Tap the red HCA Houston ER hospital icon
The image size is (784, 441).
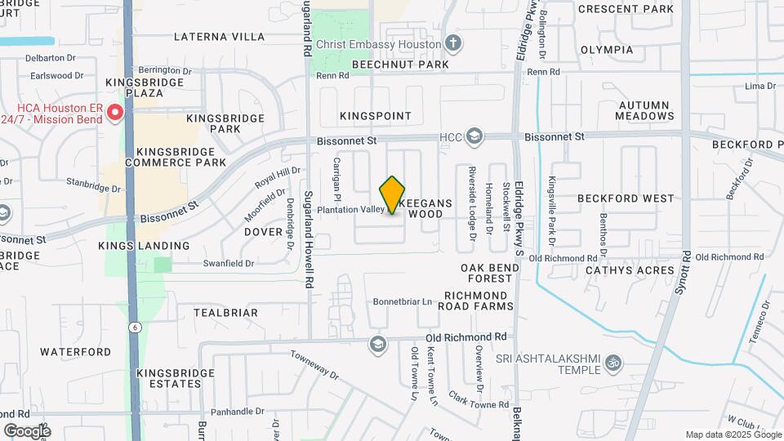[116, 112]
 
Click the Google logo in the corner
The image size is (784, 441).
[27, 430]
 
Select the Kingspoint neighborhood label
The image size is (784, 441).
[376, 116]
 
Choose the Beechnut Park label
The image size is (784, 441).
[401, 64]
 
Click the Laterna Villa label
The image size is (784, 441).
[220, 37]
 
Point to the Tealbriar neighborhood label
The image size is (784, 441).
[225, 313]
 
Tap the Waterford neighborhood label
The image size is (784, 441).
[75, 352]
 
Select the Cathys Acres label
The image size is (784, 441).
[640, 270]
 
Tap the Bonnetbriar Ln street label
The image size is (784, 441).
[402, 301]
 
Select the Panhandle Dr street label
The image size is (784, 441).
[236, 412]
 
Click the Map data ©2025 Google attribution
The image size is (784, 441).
[733, 434]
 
